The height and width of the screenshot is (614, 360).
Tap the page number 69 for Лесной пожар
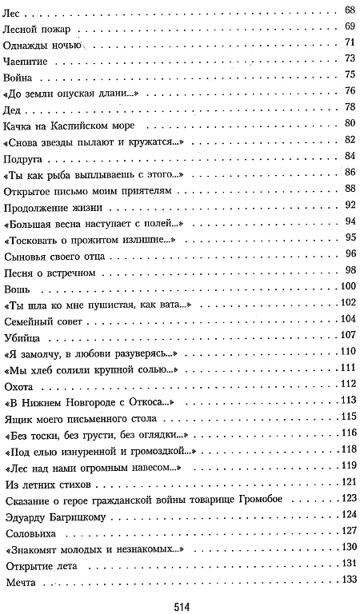[x=349, y=26]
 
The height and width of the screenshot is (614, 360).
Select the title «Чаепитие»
[x=27, y=59]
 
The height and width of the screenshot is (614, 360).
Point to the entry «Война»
[x=20, y=76]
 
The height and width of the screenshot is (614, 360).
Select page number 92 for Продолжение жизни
[x=349, y=205]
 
